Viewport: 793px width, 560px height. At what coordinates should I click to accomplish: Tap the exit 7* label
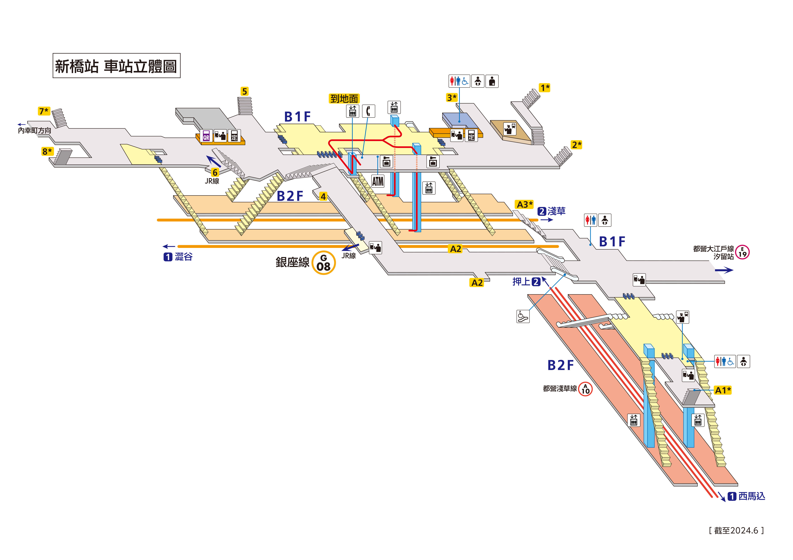[x=44, y=111]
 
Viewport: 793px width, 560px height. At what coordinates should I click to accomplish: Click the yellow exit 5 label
[x=244, y=91]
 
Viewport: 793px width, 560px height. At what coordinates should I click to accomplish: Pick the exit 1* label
[x=545, y=88]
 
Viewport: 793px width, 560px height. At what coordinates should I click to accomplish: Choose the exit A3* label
[x=524, y=205]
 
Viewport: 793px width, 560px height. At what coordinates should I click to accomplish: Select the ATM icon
[x=378, y=181]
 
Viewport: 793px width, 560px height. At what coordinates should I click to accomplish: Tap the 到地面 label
[x=344, y=99]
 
